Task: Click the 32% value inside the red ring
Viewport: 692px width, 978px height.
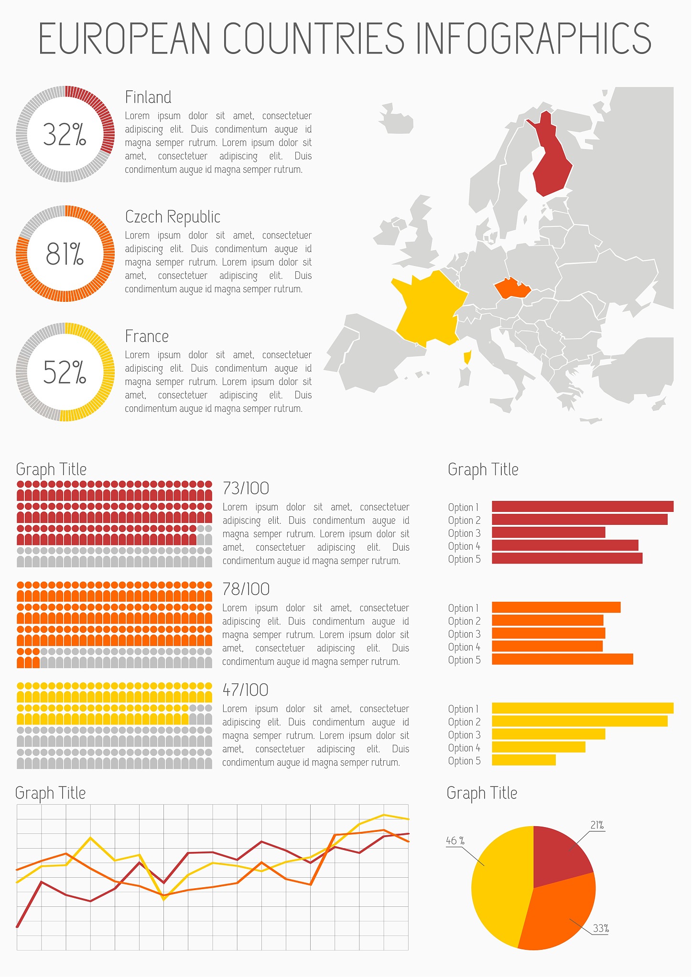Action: tap(65, 134)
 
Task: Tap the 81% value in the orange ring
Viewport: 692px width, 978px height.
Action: tap(65, 254)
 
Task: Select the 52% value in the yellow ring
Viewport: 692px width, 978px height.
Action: tap(65, 372)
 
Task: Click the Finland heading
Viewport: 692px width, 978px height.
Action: tap(148, 97)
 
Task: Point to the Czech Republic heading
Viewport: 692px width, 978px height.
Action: tap(173, 217)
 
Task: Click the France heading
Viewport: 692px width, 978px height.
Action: tap(147, 337)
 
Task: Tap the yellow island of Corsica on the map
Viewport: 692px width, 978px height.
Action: tap(467, 357)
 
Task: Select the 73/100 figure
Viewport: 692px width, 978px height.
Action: tap(246, 489)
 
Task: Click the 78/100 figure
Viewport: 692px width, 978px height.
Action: tap(246, 589)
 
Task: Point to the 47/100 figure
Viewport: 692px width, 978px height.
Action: tap(245, 690)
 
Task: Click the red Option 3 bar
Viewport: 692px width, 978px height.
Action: tap(548, 532)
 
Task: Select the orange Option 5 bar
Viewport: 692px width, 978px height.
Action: tap(562, 659)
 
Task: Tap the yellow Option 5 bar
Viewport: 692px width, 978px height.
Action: tap(523, 760)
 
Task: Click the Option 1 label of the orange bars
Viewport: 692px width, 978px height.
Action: tap(463, 608)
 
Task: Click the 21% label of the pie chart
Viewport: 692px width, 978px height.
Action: tap(597, 825)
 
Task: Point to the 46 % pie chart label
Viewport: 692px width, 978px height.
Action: tap(455, 840)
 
